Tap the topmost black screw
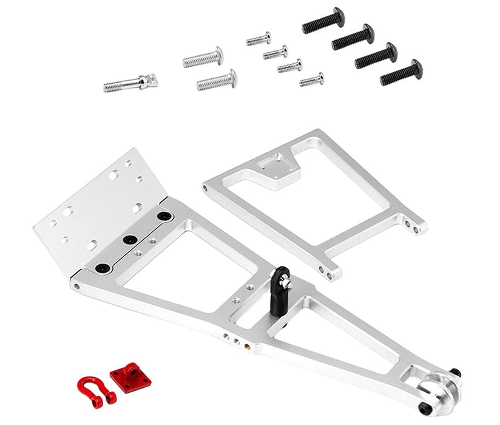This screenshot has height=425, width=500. [x=323, y=21]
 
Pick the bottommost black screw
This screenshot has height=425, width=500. [x=401, y=73]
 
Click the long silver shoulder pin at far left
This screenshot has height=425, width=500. [x=130, y=83]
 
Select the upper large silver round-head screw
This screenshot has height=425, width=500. [x=203, y=58]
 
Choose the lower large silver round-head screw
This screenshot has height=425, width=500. [x=217, y=80]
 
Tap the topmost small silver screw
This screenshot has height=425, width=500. [x=258, y=40]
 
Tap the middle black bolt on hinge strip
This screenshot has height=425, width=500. [x=129, y=240]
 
